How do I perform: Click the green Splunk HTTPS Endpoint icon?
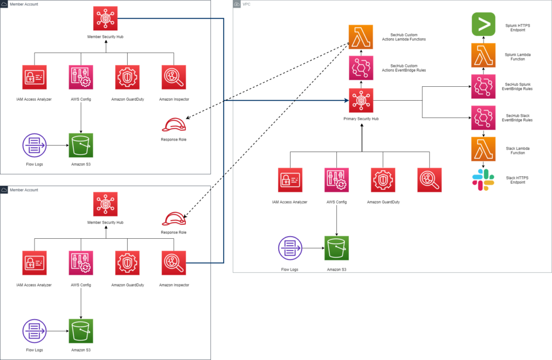(x=484, y=24)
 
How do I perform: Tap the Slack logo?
(x=484, y=180)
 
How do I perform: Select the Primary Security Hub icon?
(x=361, y=101)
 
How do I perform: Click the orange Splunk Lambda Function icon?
(x=484, y=56)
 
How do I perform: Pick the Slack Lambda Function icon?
(x=484, y=149)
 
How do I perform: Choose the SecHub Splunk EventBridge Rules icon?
(x=484, y=87)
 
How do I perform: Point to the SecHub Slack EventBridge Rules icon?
(x=484, y=118)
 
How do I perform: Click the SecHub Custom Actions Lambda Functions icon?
(x=361, y=37)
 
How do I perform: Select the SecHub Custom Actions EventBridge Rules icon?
(x=361, y=68)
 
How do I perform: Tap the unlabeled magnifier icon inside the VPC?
(x=430, y=180)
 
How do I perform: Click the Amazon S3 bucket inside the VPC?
(x=336, y=248)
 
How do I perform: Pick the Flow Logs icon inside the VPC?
(x=290, y=248)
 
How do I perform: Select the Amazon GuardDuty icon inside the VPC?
(x=383, y=180)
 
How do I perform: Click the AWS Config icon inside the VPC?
(x=336, y=180)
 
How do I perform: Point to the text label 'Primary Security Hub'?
(x=361, y=119)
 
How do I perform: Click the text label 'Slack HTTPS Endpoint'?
(x=517, y=180)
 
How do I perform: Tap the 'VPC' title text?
(x=246, y=4)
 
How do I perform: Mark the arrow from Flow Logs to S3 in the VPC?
(x=313, y=248)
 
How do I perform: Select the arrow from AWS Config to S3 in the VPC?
(x=336, y=214)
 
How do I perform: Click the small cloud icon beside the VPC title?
(x=237, y=4)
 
